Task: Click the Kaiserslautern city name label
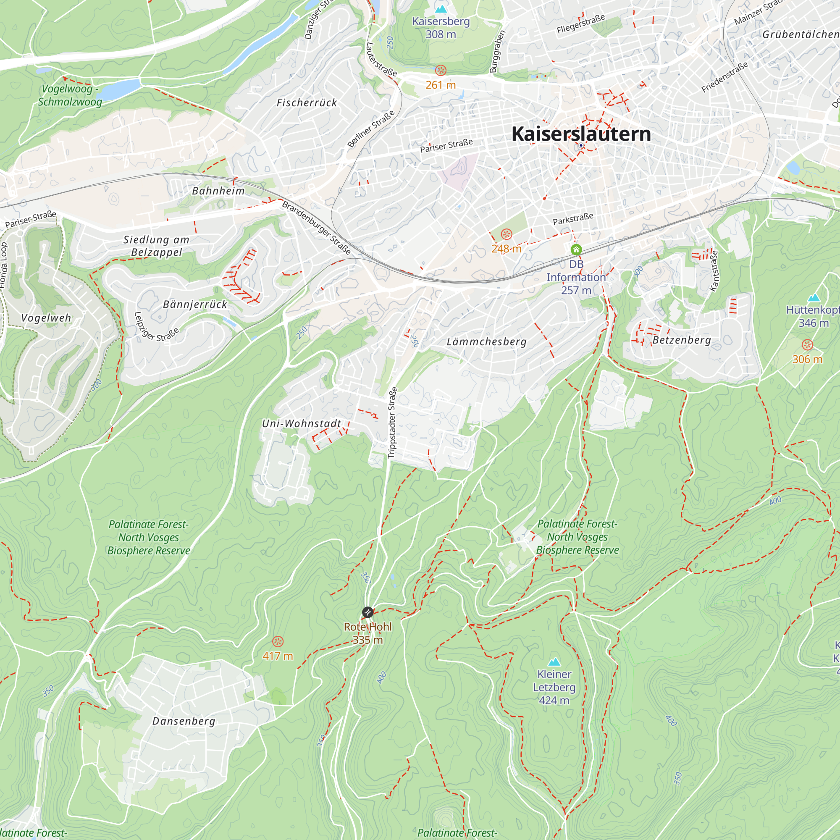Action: (581, 134)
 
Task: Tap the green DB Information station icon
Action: (576, 249)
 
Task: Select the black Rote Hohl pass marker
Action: (367, 612)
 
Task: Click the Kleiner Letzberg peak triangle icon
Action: (554, 662)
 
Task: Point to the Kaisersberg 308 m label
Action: (441, 27)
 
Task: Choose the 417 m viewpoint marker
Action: (278, 642)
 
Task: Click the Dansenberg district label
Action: (184, 721)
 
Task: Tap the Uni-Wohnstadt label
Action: (301, 423)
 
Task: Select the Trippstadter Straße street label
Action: (392, 423)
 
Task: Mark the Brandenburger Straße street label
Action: (317, 227)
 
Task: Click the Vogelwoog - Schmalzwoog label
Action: (70, 95)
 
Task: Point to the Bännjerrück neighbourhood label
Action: (195, 304)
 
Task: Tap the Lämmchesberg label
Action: (486, 342)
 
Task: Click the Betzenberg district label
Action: (682, 340)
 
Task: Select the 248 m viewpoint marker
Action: (507, 235)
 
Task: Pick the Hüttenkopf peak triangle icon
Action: (814, 298)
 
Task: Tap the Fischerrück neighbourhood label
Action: (307, 103)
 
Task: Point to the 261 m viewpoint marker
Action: (441, 71)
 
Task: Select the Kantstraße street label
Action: (714, 270)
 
